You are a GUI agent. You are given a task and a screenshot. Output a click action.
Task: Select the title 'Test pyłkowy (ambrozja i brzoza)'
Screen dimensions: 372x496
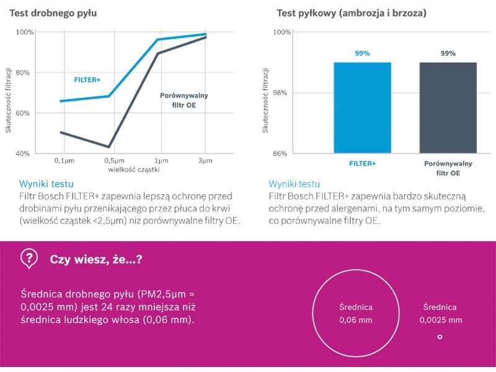351,12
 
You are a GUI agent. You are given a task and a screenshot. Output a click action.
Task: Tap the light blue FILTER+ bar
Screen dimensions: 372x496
363,108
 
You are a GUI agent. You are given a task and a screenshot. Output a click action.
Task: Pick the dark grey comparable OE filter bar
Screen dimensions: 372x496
448,108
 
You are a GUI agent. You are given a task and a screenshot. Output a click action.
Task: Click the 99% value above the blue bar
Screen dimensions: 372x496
363,54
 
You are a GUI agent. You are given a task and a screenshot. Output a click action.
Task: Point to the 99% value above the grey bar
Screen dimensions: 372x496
448,54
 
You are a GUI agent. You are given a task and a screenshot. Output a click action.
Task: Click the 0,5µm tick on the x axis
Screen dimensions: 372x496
110,161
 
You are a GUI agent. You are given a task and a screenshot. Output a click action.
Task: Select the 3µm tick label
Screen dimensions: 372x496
205,161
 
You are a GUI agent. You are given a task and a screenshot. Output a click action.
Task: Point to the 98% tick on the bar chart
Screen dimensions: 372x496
281,93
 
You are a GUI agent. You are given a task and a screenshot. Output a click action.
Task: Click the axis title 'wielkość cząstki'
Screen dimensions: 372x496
133,169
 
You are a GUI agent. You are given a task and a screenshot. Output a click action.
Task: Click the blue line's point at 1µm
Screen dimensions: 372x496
157,40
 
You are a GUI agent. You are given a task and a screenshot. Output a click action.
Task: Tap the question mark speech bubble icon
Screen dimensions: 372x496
29,258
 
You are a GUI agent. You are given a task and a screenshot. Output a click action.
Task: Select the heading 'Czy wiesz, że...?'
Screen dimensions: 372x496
96,259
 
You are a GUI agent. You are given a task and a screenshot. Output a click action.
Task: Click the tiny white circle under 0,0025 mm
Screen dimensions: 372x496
440,337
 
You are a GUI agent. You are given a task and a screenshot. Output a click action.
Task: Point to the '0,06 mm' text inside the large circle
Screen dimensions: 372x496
356,321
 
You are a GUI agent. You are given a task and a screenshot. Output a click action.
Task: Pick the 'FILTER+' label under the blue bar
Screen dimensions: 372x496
363,164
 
